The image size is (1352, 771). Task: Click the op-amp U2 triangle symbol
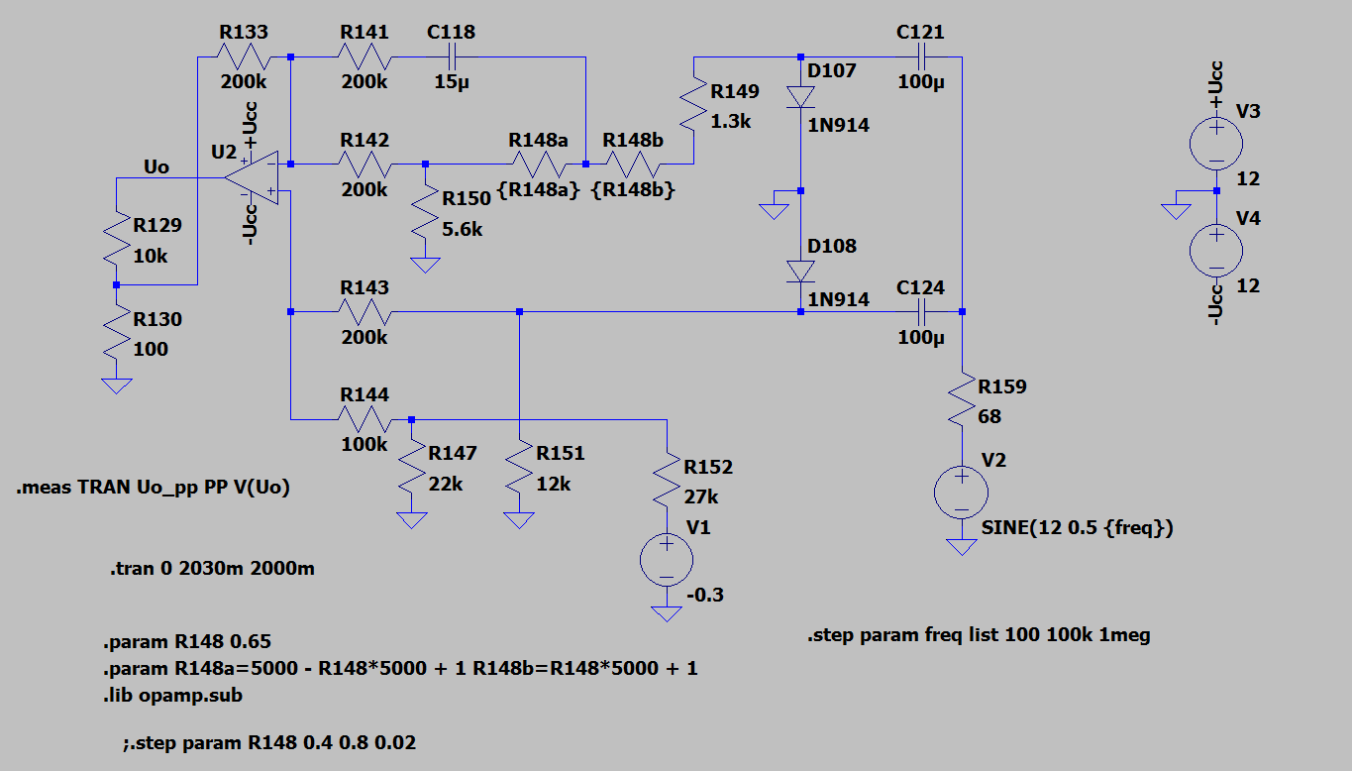(253, 177)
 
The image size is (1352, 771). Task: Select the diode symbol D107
(800, 97)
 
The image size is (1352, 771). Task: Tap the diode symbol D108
(800, 272)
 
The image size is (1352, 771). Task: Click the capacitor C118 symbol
(452, 57)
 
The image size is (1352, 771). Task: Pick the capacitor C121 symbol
(921, 57)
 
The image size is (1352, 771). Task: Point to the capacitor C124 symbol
(921, 312)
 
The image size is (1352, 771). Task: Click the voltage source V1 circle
(667, 560)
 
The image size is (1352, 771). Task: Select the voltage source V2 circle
(961, 493)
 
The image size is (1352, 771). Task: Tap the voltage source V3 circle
(1216, 144)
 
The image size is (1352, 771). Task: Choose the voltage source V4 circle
(1216, 251)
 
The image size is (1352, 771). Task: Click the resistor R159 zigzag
(962, 401)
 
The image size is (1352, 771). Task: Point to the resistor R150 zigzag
(425, 214)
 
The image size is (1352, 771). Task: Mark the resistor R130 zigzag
(117, 334)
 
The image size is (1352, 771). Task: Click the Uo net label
(156, 166)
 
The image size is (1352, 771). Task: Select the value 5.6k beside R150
(463, 230)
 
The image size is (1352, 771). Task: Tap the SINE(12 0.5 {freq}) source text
(1078, 527)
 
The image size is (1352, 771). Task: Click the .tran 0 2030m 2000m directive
(212, 568)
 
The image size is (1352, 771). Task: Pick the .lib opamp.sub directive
(172, 696)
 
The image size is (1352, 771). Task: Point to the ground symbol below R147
(412, 520)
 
